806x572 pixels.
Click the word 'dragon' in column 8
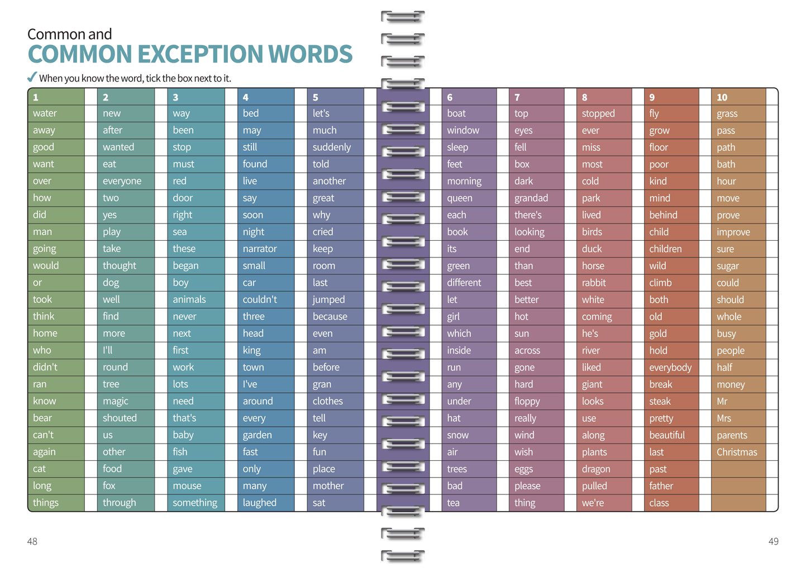tap(595, 469)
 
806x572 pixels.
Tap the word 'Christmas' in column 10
tap(737, 452)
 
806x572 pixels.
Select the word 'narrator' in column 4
tap(260, 249)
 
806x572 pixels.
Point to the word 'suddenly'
tap(332, 147)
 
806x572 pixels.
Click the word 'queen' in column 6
tap(459, 198)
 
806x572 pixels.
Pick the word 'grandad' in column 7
tap(531, 198)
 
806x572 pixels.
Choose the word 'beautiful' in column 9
tap(666, 435)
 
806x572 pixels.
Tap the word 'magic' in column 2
tap(115, 401)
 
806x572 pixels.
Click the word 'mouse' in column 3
tap(187, 486)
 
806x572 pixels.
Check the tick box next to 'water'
tap(91, 113)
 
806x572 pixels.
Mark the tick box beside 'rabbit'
tap(638, 283)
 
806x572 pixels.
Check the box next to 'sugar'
tap(772, 266)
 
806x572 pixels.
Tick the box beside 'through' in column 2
tap(161, 503)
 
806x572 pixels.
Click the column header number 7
tap(517, 97)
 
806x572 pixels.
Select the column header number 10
tap(722, 97)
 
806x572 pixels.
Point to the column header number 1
tap(36, 97)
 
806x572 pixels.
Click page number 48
tap(32, 541)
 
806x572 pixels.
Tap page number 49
tap(773, 541)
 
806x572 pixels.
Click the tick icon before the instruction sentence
tap(32, 77)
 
